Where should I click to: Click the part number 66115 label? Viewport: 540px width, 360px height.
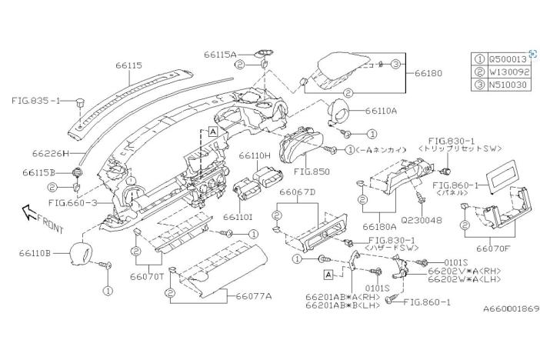click(128, 66)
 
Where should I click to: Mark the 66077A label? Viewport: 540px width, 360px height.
click(254, 295)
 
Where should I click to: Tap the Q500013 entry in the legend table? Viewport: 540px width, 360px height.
click(508, 58)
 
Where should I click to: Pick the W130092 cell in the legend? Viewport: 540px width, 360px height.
click(508, 72)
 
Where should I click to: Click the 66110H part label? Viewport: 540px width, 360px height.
click(255, 155)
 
